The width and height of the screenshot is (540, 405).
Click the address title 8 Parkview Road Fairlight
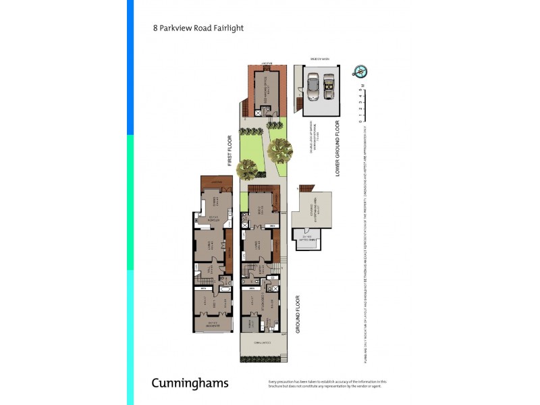click(198, 28)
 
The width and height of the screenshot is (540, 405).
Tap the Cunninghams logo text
click(190, 383)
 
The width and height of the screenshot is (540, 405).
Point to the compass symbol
click(359, 72)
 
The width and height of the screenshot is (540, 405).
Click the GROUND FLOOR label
click(298, 314)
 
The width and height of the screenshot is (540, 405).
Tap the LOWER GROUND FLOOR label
click(337, 151)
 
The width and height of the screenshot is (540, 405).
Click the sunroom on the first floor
click(212, 324)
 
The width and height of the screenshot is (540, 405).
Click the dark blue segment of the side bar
click(130, 67)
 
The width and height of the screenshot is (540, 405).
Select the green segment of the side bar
click(130, 202)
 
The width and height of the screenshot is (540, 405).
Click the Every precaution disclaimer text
click(327, 384)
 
